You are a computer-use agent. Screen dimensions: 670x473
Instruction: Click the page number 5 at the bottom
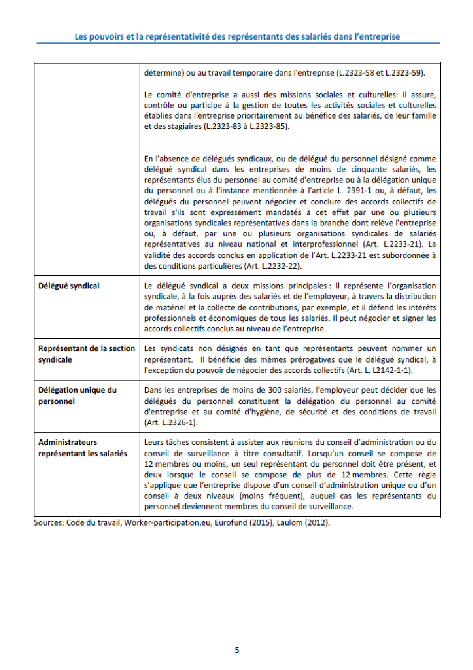237,650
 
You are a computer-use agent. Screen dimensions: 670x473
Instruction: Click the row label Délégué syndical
69,286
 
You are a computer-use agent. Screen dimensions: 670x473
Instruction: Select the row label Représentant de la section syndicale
86,354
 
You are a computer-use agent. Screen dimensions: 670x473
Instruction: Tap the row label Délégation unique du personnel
77,395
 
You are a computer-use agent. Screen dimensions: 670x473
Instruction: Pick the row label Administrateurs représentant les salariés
83,448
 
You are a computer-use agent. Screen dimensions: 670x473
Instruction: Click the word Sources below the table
48,522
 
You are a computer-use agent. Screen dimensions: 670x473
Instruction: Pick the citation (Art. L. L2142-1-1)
375,370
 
